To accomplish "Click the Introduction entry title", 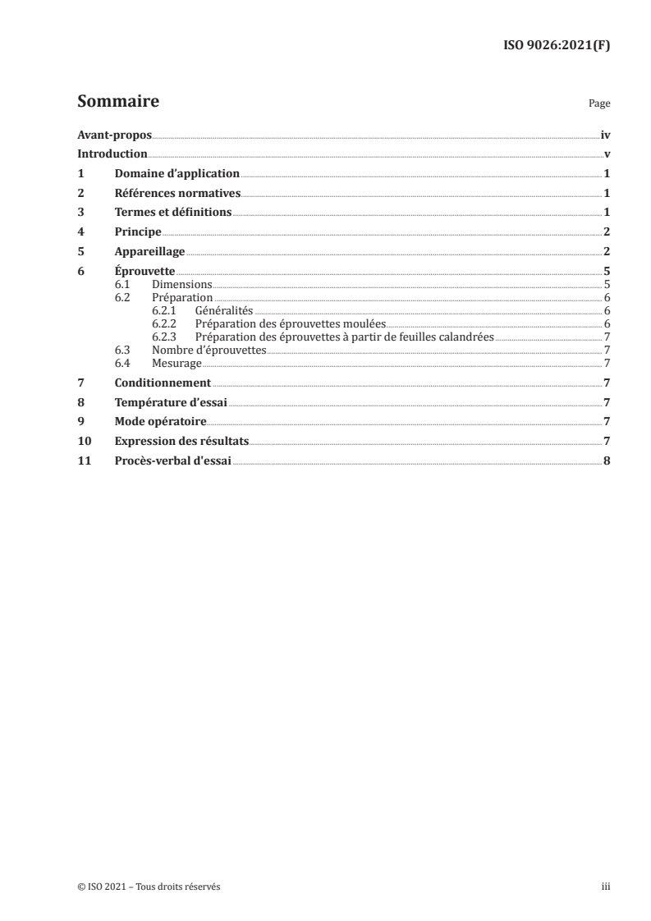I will [112, 154].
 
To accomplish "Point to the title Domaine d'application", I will [177, 174].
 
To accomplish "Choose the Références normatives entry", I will [177, 194].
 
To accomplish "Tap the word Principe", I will [138, 232].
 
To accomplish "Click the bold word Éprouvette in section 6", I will [145, 272].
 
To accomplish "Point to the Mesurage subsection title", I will [177, 363].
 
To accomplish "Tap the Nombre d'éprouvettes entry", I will [209, 350].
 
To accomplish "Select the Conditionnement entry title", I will [163, 383].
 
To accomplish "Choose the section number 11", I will [83, 460].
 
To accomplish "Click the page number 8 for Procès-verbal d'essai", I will [606, 460].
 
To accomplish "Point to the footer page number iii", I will [606, 887].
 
